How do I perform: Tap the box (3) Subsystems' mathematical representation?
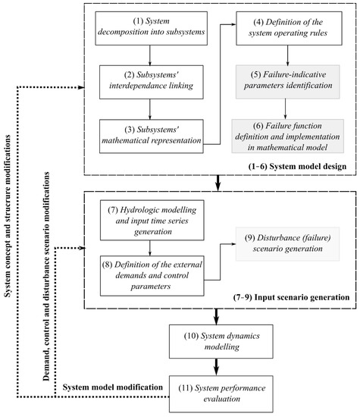point(155,130)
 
